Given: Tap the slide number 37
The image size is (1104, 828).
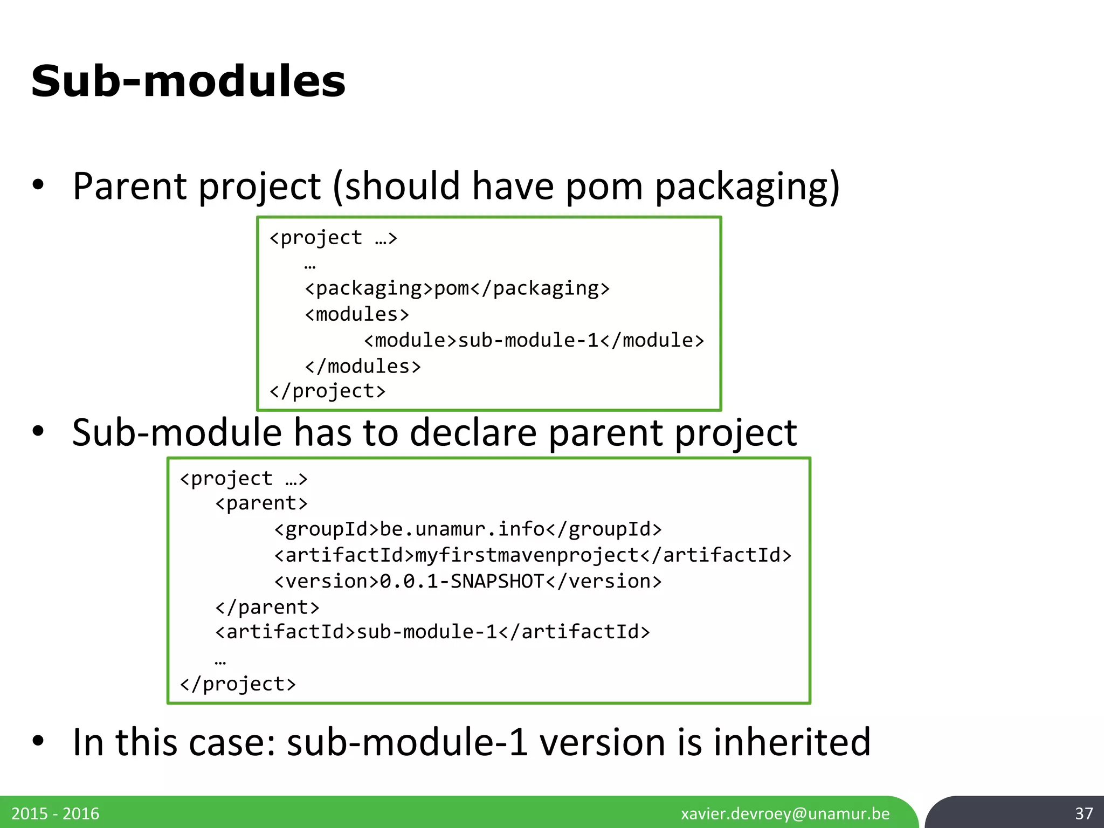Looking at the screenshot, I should click(x=1084, y=813).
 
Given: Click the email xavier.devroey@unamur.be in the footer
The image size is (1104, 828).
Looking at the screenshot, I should click(x=785, y=813).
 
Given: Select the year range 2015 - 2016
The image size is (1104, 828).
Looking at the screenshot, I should click(x=56, y=813).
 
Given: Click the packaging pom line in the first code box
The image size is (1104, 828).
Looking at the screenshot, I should click(x=457, y=288).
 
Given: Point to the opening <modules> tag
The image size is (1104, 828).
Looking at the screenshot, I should click(x=357, y=314).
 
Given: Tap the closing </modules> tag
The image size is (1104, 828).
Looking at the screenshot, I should click(x=363, y=367).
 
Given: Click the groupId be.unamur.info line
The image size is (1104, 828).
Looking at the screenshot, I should click(x=468, y=529).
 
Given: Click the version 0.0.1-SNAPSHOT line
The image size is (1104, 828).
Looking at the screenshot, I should click(x=468, y=581).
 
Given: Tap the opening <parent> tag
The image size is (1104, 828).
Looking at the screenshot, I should click(x=261, y=503).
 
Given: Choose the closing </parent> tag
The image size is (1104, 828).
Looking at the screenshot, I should click(x=267, y=608).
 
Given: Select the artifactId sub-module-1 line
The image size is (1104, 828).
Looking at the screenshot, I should click(x=432, y=632).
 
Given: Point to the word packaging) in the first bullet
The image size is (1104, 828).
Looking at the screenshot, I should click(x=747, y=187).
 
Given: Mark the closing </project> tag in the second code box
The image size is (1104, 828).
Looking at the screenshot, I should click(x=238, y=684).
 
